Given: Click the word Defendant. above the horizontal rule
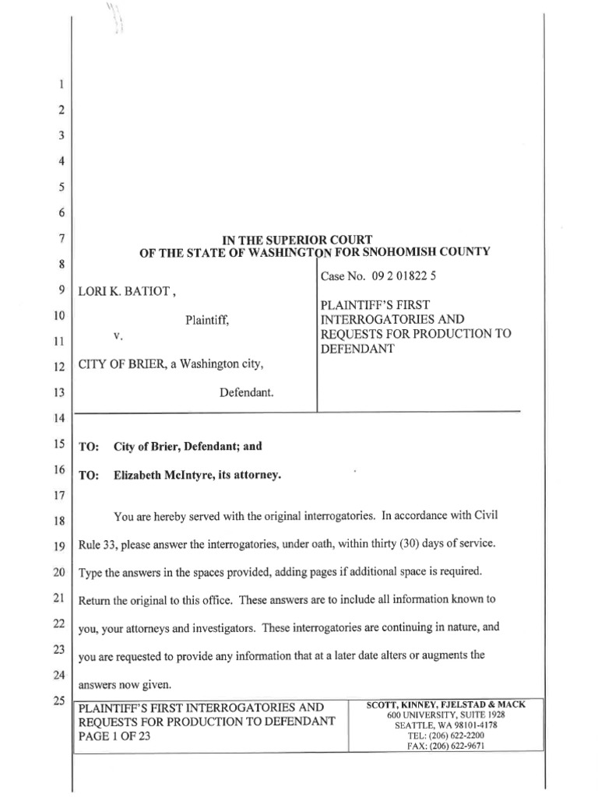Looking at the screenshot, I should (247, 393).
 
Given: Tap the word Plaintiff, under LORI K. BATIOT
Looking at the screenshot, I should (206, 318).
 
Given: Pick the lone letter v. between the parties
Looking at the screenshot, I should (119, 336).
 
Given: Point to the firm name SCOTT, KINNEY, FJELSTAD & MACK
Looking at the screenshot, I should (445, 704).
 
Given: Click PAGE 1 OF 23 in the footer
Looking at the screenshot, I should (115, 736).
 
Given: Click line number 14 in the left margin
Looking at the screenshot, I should (58, 419).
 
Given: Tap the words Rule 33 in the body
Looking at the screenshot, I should (97, 544).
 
